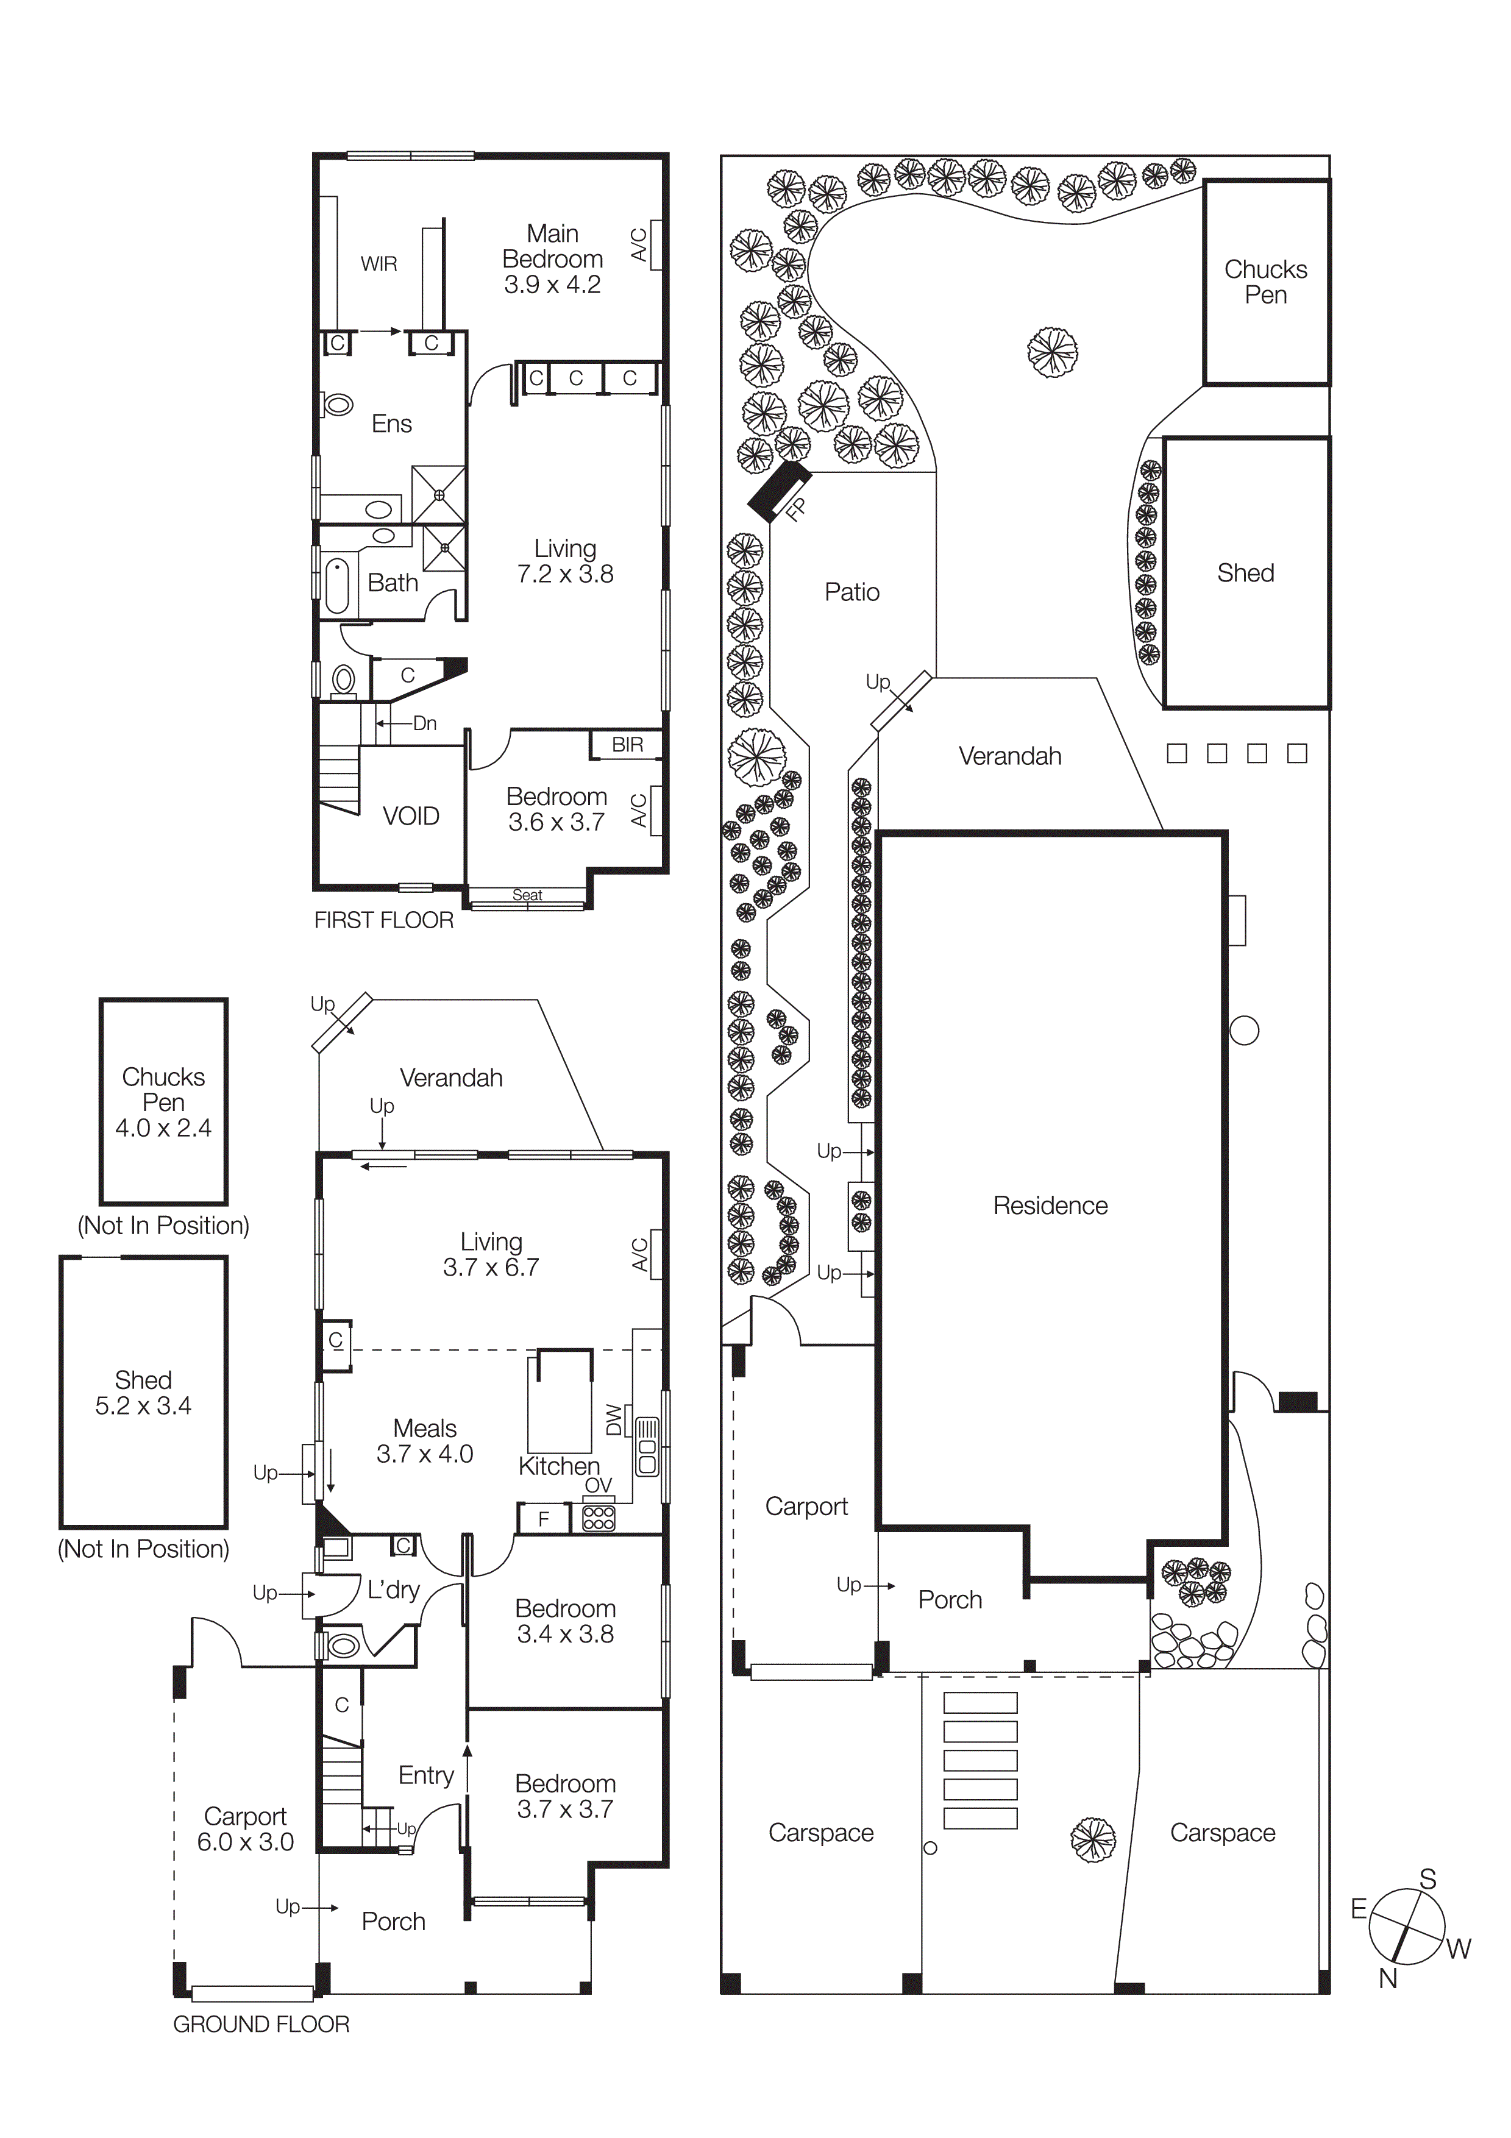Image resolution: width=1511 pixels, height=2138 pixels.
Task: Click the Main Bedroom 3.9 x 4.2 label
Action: tap(552, 259)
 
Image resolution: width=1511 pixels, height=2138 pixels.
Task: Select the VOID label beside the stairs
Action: tap(411, 815)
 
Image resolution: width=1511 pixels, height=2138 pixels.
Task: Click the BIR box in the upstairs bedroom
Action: tap(627, 744)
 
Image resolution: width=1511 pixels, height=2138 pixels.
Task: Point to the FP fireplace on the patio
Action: tap(780, 492)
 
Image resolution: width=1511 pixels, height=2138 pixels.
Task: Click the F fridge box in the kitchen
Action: tap(544, 1519)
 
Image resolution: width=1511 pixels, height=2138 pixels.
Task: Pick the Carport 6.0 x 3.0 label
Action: tap(245, 1829)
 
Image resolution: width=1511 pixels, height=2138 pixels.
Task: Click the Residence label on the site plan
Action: tap(1050, 1205)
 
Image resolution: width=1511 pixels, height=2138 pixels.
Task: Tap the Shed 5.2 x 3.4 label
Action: tap(143, 1392)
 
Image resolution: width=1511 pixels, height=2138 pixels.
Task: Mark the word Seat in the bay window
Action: tap(527, 895)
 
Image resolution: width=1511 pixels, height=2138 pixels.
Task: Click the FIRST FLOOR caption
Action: tap(383, 920)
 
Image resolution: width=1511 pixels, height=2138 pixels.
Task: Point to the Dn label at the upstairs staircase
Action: tap(425, 723)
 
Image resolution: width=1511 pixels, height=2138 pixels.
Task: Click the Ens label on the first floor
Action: tap(391, 424)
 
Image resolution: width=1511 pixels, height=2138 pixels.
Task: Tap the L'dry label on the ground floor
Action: tap(393, 1589)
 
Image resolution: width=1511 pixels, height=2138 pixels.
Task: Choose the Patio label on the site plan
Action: tap(852, 592)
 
